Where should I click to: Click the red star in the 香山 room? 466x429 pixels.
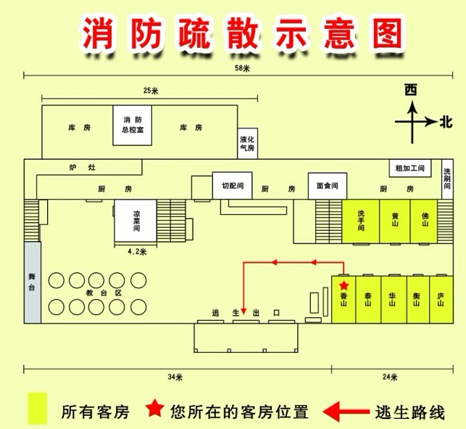344,285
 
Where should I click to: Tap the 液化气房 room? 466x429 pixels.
247,142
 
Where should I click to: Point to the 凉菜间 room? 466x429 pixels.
136,221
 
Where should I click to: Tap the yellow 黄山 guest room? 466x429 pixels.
395,220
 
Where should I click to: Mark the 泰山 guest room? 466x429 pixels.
367,299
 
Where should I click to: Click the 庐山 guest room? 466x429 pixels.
440,299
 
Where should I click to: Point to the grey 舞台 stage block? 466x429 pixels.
32,282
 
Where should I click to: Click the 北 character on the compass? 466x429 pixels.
445,123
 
